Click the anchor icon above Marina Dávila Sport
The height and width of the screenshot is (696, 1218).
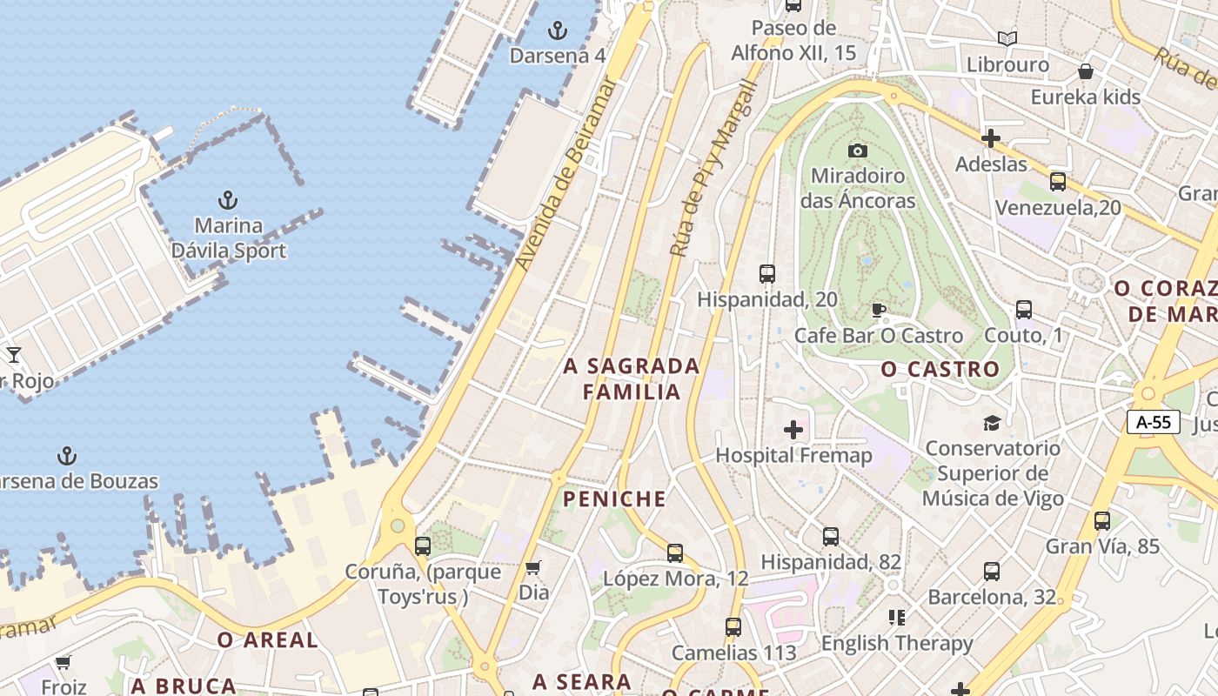[x=228, y=200]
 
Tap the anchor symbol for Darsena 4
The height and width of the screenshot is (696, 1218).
[x=557, y=31]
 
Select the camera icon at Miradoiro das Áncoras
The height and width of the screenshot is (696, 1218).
[x=858, y=151]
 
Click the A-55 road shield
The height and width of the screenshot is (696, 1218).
[x=1154, y=423]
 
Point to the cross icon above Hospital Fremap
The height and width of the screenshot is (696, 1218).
[x=793, y=429]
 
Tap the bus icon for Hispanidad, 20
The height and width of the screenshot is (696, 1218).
[x=766, y=274]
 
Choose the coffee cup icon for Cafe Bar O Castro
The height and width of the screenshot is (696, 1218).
[x=879, y=310]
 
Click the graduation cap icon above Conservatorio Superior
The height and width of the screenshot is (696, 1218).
[x=992, y=423]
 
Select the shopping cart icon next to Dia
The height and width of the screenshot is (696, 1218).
[x=532, y=567]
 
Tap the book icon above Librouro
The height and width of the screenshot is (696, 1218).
[x=1007, y=38]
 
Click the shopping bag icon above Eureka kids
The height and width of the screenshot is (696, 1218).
[x=1085, y=71]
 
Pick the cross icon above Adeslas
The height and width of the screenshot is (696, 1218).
[x=990, y=138]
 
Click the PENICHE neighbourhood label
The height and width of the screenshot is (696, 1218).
[x=614, y=499]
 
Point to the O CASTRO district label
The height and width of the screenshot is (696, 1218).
[x=940, y=370]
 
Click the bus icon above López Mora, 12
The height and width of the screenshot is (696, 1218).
[x=675, y=552]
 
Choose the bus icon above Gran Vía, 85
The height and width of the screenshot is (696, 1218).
[x=1102, y=521]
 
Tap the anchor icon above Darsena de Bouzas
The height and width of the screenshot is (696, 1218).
[x=66, y=456]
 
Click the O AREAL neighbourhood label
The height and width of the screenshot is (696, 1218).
[x=267, y=640]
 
